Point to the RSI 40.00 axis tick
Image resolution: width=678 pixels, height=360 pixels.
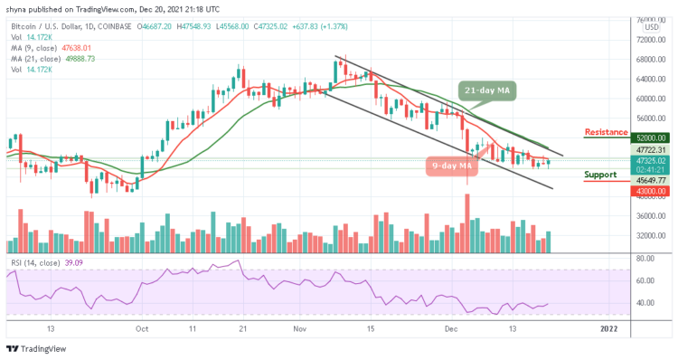coord(645,303)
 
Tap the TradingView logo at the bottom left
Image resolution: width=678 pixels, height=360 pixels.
coord(38,349)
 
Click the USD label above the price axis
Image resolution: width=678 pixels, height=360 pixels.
coord(649,27)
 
